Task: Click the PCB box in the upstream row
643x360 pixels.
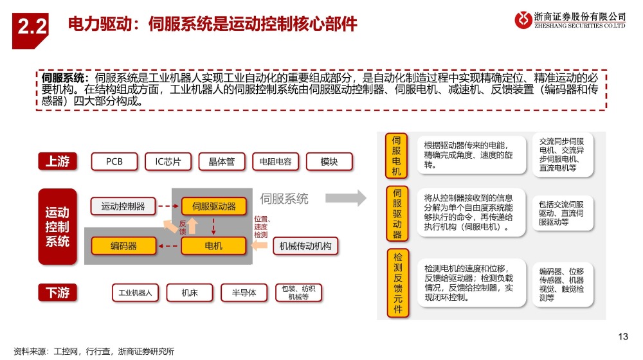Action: (114, 161)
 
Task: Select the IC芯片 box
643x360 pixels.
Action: (168, 161)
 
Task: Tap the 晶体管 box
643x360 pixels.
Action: (222, 161)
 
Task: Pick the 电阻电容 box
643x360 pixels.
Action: (276, 161)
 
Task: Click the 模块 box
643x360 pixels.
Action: (329, 161)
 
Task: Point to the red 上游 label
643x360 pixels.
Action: (57, 161)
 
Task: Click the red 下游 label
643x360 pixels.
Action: (57, 292)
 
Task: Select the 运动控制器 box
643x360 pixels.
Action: (123, 206)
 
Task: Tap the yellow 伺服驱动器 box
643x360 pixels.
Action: (213, 206)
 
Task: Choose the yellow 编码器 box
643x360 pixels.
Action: (123, 246)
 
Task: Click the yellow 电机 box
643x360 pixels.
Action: (213, 246)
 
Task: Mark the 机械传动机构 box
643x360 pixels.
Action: (305, 246)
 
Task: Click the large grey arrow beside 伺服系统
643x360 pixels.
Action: (346, 198)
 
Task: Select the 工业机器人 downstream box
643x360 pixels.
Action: (135, 292)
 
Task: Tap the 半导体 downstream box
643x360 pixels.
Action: (244, 292)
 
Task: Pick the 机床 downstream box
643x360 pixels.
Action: (190, 292)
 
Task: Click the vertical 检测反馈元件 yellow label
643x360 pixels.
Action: (398, 283)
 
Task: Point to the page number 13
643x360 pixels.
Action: (623, 337)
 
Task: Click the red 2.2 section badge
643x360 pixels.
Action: (30, 31)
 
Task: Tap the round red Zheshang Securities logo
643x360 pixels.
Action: (523, 19)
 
